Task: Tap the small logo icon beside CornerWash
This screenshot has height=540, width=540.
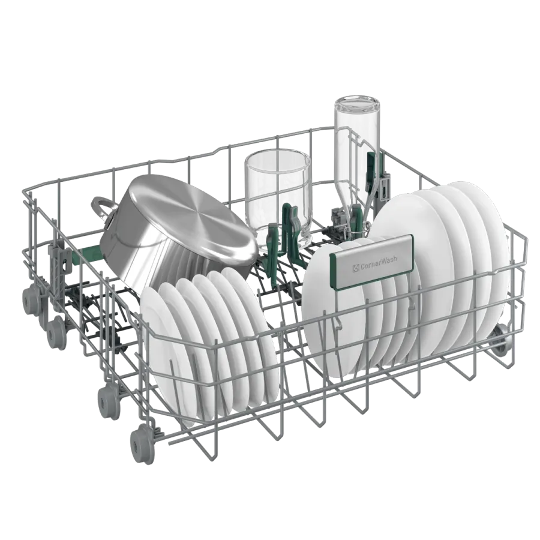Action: click(x=356, y=267)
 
